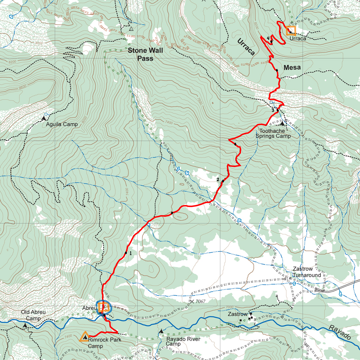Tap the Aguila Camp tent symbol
(x=44, y=118)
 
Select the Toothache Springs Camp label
(x=275, y=133)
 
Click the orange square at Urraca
(x=291, y=31)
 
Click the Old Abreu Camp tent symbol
(x=25, y=325)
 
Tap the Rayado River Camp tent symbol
(x=161, y=331)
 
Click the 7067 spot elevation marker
(x=191, y=302)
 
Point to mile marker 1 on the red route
(x=126, y=253)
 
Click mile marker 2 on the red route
(x=223, y=181)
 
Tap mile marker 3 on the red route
(x=278, y=110)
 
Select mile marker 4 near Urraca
(x=271, y=42)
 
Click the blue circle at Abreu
(x=103, y=307)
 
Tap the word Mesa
(x=292, y=68)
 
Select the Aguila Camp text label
(x=62, y=125)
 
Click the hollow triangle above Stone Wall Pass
(x=131, y=28)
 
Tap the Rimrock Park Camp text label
(x=104, y=343)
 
